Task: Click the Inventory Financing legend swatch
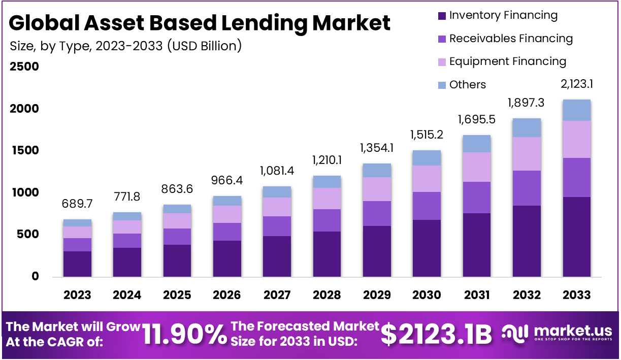[441, 16]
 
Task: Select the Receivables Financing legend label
[511, 39]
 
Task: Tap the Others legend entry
[467, 85]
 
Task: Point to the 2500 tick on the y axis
[24, 67]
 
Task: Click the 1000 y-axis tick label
[24, 192]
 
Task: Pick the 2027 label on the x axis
[277, 295]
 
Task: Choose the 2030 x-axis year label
[427, 295]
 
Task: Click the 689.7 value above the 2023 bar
[77, 205]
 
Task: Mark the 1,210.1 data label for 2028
[326, 161]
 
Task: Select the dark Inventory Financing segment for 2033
[577, 237]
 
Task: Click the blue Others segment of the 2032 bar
[527, 127]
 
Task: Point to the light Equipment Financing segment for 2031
[477, 167]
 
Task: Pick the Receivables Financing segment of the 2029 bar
[376, 213]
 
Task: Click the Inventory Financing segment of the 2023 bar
[77, 264]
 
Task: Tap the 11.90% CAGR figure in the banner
[184, 334]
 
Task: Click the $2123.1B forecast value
[436, 334]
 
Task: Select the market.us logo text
[573, 331]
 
